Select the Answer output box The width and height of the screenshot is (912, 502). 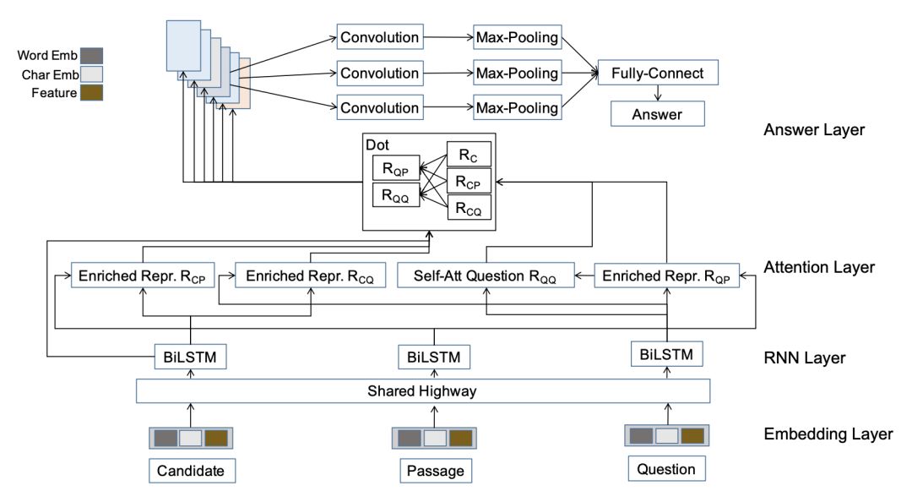(657, 112)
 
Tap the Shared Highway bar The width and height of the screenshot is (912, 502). (423, 391)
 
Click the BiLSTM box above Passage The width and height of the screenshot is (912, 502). (434, 357)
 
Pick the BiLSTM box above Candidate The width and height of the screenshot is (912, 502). (190, 357)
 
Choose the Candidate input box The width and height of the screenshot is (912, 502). (191, 471)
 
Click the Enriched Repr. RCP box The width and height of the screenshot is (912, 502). (143, 275)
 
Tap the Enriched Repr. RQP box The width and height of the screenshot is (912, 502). (667, 275)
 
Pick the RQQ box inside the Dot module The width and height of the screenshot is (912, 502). (395, 194)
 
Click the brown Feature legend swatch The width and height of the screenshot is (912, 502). (92, 92)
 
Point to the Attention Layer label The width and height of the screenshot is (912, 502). (818, 267)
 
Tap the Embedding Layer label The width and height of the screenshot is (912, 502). (827, 434)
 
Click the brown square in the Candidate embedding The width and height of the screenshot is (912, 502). (216, 438)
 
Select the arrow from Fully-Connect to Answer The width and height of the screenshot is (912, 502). (657, 93)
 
